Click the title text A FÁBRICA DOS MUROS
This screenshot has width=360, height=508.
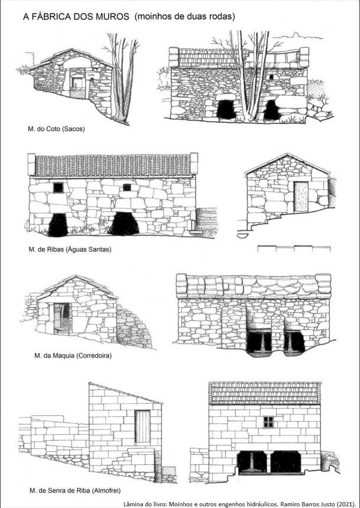click(76, 17)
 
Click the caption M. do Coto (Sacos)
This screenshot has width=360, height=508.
click(56, 129)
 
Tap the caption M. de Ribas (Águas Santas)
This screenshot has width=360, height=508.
click(70, 249)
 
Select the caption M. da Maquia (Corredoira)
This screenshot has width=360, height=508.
click(73, 356)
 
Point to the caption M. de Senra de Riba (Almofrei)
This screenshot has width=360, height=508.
click(75, 490)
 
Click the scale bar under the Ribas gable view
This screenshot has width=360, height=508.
click(294, 248)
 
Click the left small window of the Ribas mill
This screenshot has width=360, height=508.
click(59, 187)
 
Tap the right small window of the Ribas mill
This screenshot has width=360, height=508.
click(127, 187)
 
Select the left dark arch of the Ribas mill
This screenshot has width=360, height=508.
click(58, 224)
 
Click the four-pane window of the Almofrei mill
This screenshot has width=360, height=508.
click(268, 422)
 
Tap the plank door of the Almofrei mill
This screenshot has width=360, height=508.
click(142, 426)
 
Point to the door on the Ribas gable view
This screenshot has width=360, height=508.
click(301, 197)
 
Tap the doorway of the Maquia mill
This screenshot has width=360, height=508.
click(61, 318)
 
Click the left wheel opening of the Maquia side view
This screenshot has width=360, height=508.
click(259, 342)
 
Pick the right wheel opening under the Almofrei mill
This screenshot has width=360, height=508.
click(286, 462)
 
